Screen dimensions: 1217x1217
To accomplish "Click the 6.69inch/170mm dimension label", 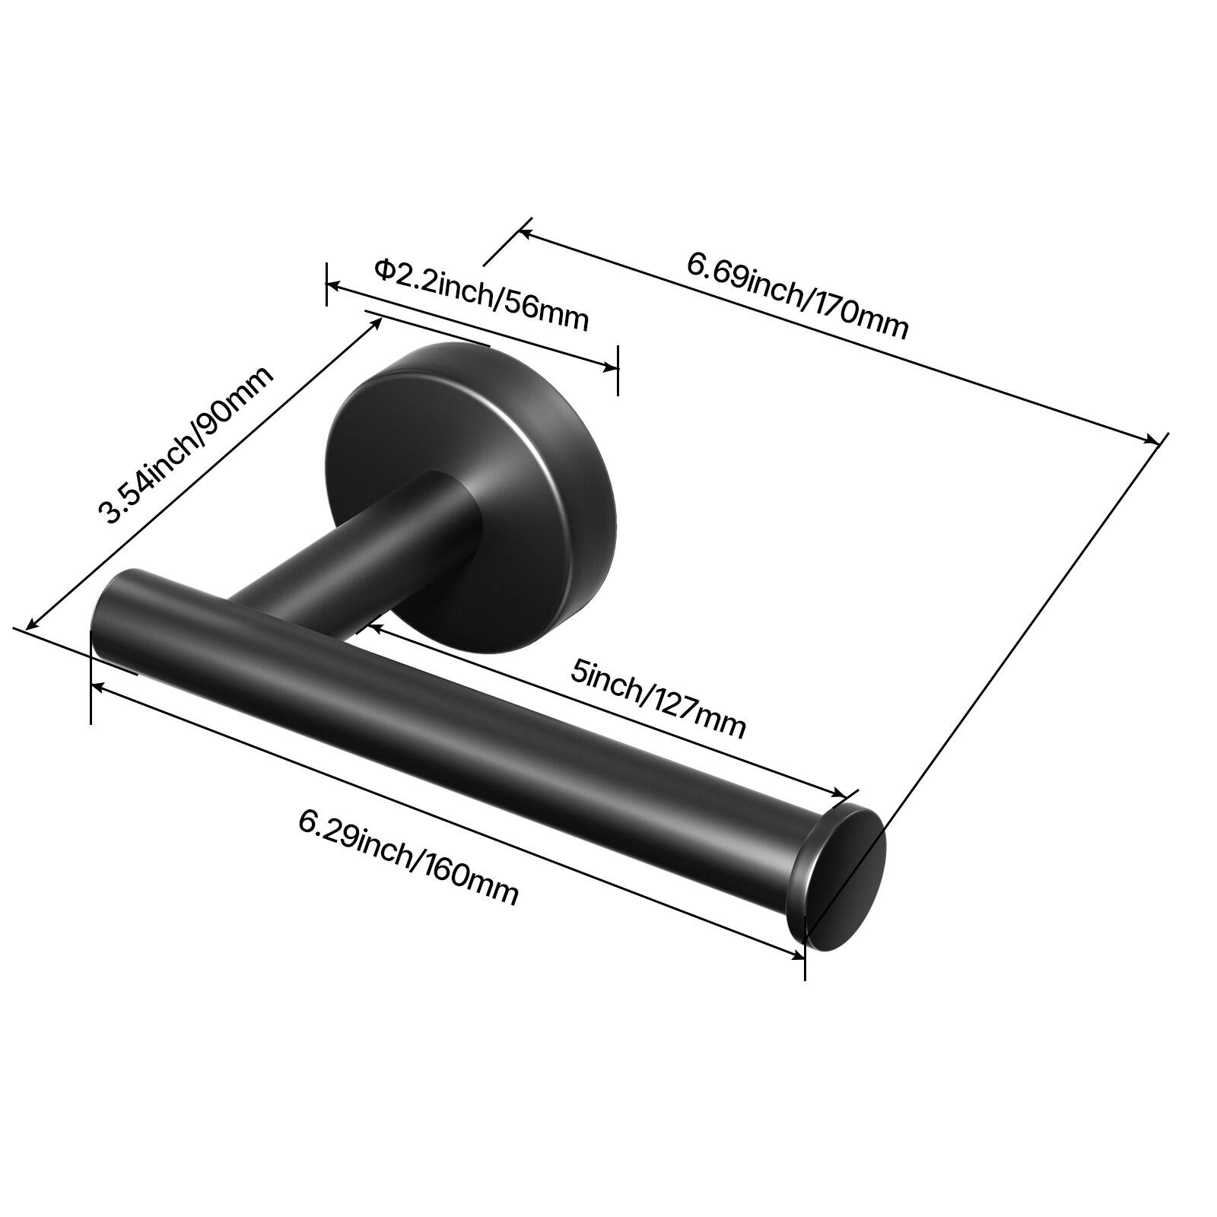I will coord(798,295).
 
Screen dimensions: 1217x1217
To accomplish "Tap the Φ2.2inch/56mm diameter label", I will coord(481,294).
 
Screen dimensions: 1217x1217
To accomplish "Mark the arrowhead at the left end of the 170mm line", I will coord(525,230).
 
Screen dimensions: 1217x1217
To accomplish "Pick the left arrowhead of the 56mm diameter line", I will coord(333,285).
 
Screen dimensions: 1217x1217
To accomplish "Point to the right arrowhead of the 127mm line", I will coord(840,794).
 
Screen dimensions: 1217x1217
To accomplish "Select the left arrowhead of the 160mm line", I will coord(97,686).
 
